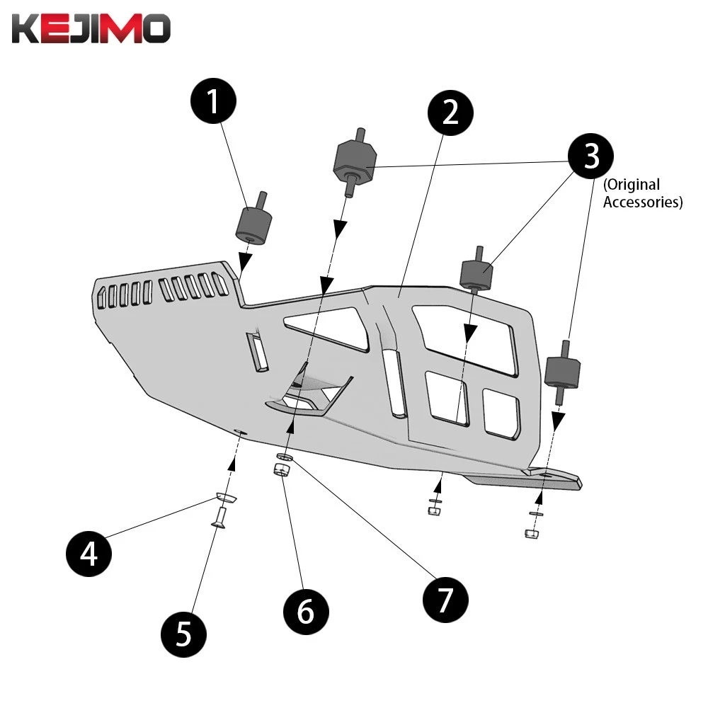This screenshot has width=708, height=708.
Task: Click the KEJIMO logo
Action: (90, 29)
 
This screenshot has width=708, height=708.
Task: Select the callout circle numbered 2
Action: (451, 112)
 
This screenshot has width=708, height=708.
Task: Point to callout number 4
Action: (89, 552)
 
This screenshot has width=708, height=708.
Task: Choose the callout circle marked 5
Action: (183, 632)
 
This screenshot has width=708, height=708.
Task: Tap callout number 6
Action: (305, 610)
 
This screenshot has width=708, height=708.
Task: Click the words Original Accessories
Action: (642, 193)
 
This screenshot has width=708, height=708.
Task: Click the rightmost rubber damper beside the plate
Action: (564, 372)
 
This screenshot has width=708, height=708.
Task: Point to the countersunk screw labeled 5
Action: (218, 520)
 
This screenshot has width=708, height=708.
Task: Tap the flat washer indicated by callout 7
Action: (285, 457)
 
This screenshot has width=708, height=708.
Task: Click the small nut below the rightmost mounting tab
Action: (532, 532)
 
